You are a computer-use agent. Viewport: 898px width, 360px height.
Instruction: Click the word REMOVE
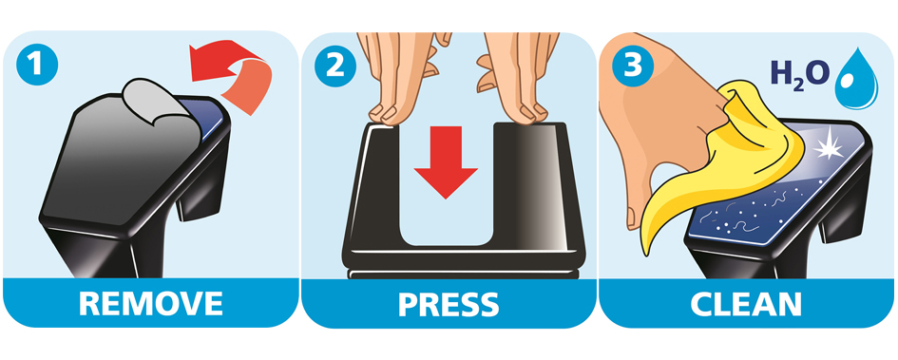151,303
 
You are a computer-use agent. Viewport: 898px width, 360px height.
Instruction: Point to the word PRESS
449,305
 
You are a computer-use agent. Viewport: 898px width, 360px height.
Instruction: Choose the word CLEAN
746,304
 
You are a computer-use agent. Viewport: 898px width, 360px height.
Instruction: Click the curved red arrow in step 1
229,71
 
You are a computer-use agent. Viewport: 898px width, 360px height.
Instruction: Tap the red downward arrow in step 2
446,162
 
